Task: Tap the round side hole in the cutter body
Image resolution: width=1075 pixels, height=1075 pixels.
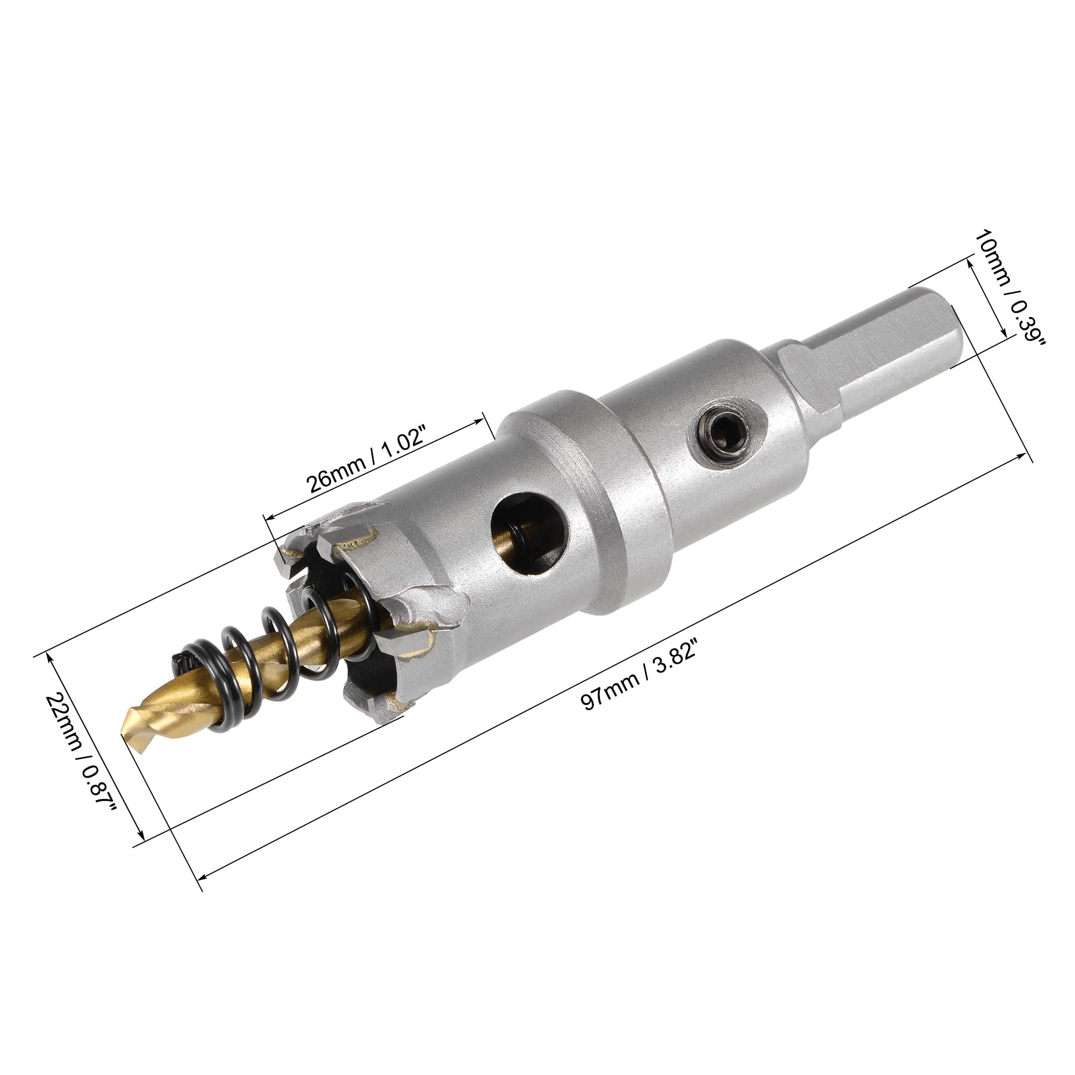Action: click(x=531, y=533)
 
